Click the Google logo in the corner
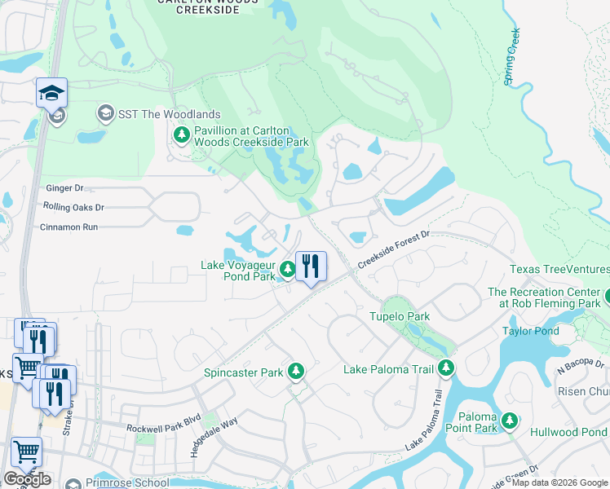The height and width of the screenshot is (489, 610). [27, 479]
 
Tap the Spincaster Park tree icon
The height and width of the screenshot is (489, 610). [296, 372]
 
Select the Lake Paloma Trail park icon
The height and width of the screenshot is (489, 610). [445, 369]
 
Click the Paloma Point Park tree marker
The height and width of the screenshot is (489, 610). [510, 421]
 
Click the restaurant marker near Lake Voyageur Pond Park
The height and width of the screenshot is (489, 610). [311, 266]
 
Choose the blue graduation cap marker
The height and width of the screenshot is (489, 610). [51, 94]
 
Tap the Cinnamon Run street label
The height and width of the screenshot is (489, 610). [69, 227]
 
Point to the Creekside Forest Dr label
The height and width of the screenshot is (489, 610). [393, 248]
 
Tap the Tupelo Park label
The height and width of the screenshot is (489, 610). [400, 316]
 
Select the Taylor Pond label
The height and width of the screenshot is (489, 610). [531, 331]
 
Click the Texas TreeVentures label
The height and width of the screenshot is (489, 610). [559, 270]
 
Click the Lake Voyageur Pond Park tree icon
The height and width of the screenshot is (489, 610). [287, 268]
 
